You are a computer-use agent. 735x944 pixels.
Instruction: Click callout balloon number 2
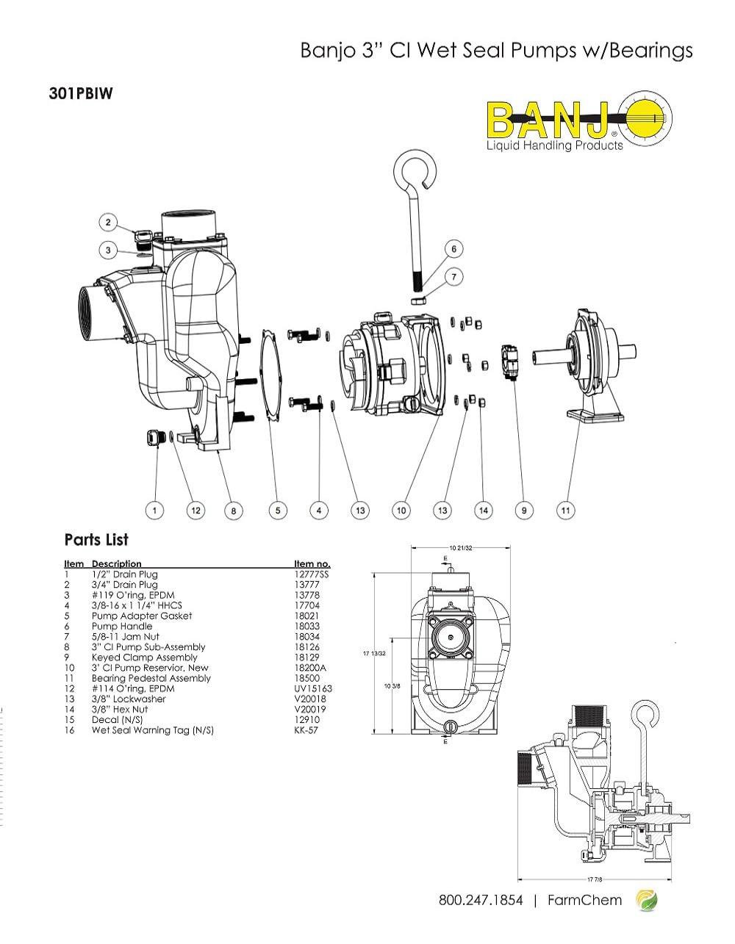pyautogui.click(x=108, y=223)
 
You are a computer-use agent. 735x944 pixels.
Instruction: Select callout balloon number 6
pyautogui.click(x=453, y=249)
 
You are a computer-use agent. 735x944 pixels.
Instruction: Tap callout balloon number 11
pyautogui.click(x=566, y=510)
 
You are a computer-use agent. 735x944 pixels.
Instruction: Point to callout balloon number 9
pyautogui.click(x=524, y=510)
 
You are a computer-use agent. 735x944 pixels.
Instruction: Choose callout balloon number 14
pyautogui.click(x=483, y=510)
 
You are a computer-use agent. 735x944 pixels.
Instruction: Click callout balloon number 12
pyautogui.click(x=196, y=510)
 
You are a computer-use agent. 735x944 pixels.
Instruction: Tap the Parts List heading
pyautogui.click(x=96, y=540)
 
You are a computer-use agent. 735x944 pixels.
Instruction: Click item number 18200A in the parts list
pyautogui.click(x=310, y=668)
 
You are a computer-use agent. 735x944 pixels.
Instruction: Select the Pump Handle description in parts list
pyautogui.click(x=122, y=627)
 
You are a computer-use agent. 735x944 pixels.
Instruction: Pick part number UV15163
pyautogui.click(x=313, y=689)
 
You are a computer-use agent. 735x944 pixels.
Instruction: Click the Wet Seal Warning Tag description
pyautogui.click(x=152, y=730)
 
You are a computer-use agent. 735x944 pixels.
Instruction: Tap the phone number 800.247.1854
pyautogui.click(x=481, y=900)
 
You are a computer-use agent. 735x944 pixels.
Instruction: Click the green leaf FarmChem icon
pyautogui.click(x=646, y=900)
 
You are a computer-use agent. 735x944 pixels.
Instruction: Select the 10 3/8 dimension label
pyautogui.click(x=393, y=685)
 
